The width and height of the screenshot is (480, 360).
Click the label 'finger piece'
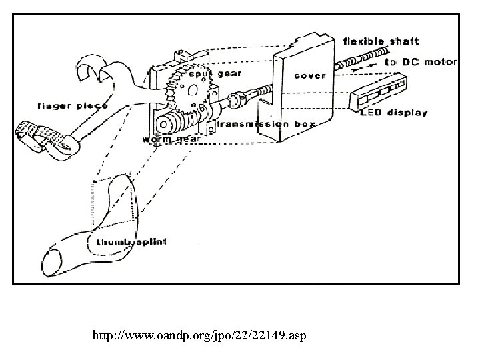tap(72, 106)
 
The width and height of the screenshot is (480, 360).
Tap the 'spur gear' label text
tap(215, 74)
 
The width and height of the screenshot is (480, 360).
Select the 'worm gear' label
tap(171, 139)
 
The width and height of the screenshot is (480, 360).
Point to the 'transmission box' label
tap(266, 124)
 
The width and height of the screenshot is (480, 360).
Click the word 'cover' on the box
tap(310, 75)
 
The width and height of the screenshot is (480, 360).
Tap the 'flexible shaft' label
tap(381, 41)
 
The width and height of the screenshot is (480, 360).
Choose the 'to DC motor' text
tap(421, 62)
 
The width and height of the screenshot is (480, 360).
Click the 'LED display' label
tap(394, 113)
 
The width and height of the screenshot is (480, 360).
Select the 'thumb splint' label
tap(131, 242)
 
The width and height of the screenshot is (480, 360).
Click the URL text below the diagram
tap(199, 335)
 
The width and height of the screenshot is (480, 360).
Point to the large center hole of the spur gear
tap(193, 90)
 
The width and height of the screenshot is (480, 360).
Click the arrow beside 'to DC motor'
tap(364, 67)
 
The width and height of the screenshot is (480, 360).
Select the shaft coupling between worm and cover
tap(236, 99)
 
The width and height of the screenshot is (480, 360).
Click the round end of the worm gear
tap(163, 125)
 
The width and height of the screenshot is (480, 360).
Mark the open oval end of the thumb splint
tap(51, 263)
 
